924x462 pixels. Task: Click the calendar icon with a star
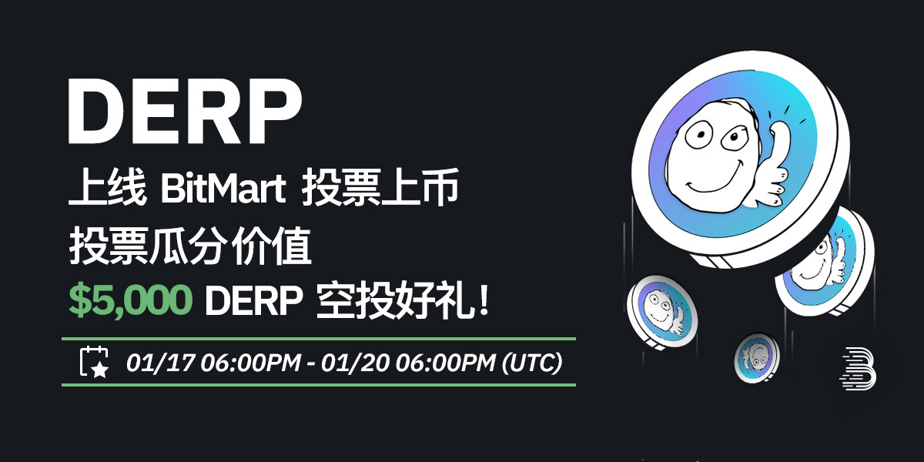[95, 362]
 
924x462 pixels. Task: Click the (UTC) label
[531, 362]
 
